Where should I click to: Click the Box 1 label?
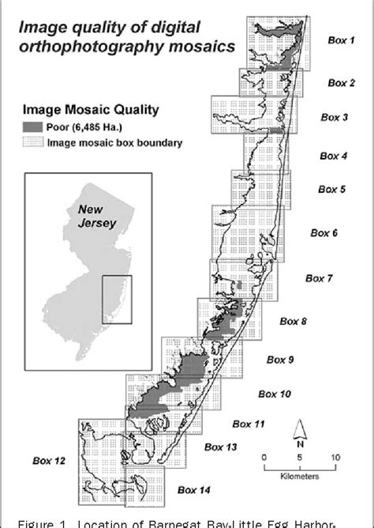(341, 38)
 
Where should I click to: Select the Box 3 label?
(340, 117)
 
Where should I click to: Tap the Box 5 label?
(331, 190)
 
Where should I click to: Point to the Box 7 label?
(320, 278)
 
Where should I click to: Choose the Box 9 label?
(280, 360)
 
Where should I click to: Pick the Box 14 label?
(194, 490)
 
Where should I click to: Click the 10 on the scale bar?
(335, 458)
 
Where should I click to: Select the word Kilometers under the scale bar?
(299, 477)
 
